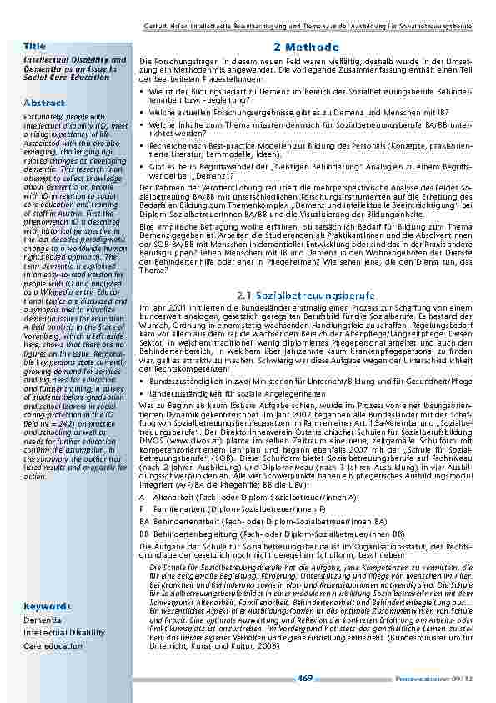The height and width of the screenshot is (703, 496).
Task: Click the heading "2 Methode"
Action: click(x=306, y=48)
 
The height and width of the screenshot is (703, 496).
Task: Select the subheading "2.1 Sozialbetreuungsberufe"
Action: click(x=306, y=296)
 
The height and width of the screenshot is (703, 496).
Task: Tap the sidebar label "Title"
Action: click(x=35, y=44)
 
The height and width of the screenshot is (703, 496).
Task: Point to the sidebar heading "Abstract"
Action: click(x=44, y=103)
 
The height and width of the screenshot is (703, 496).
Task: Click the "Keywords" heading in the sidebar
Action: click(x=47, y=605)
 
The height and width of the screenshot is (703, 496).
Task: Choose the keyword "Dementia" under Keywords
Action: click(x=42, y=621)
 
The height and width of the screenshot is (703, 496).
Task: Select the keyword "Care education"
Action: click(x=53, y=645)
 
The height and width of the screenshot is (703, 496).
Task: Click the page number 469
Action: click(x=306, y=678)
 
